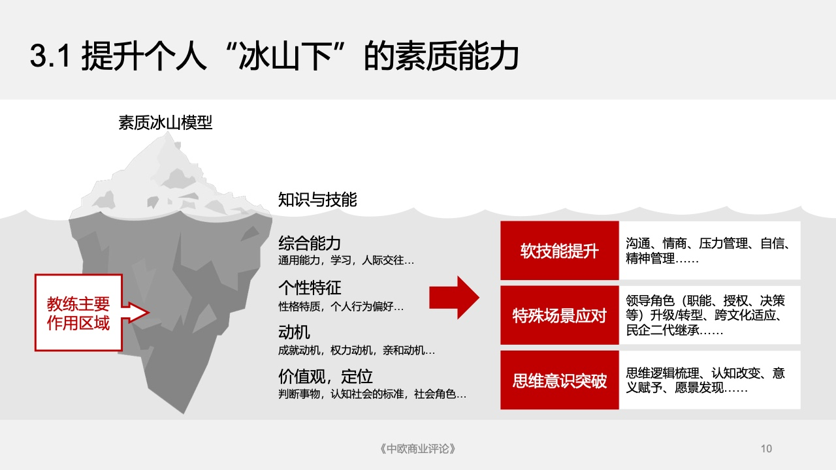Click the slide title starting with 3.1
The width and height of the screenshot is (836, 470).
(x=274, y=56)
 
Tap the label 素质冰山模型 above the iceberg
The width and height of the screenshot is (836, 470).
(x=165, y=122)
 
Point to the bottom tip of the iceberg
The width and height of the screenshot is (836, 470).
(x=184, y=413)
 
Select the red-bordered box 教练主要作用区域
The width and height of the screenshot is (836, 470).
(x=79, y=313)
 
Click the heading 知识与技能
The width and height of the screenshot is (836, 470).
(x=317, y=200)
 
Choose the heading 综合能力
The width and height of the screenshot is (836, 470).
(x=310, y=243)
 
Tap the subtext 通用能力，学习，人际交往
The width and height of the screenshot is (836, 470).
(x=346, y=260)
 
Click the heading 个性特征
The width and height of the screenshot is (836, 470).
(x=310, y=288)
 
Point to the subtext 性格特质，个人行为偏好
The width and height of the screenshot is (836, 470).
(x=341, y=307)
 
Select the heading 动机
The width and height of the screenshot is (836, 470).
(x=294, y=332)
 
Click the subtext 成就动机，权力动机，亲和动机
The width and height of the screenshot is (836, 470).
(x=357, y=351)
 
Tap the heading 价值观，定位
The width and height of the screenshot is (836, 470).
(x=325, y=377)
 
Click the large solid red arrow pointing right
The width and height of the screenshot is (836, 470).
(x=454, y=298)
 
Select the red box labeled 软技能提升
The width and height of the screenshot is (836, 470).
(x=560, y=250)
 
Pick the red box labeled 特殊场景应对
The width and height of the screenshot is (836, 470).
(x=560, y=315)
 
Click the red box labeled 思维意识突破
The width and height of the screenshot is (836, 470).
(x=560, y=380)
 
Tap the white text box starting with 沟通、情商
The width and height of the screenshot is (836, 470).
(x=709, y=250)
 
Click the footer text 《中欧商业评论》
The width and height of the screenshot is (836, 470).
(x=417, y=448)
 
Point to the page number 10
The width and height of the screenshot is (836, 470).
(x=766, y=448)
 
